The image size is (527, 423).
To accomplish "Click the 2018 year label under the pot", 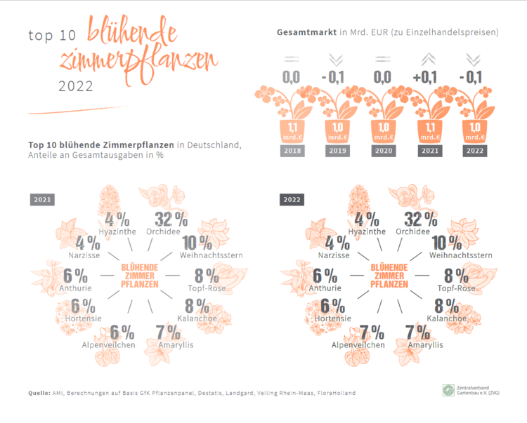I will coord(294,150).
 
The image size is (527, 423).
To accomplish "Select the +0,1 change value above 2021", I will coord(429,76).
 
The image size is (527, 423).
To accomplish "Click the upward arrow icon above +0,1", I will coord(429,59).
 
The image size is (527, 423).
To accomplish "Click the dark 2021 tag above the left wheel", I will coord(43,200).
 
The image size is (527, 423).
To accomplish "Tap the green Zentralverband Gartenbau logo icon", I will coord(448,390).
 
